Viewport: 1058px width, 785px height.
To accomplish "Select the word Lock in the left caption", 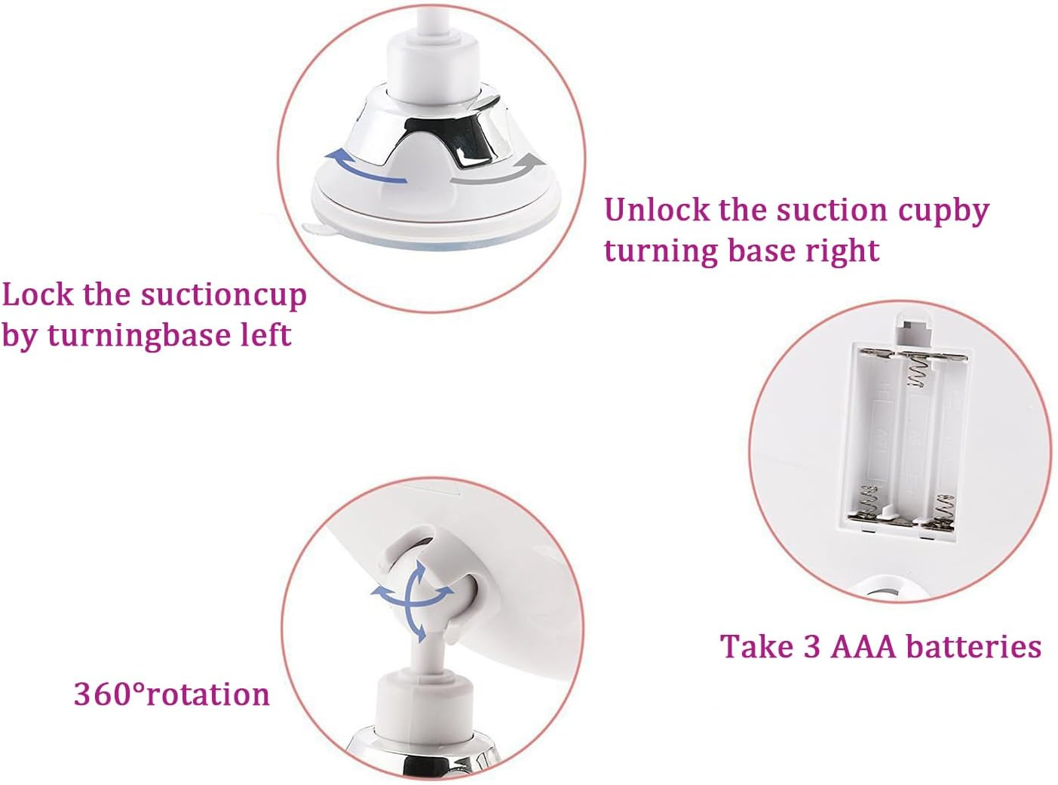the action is [x=38, y=294].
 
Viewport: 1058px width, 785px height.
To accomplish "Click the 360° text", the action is [x=109, y=694].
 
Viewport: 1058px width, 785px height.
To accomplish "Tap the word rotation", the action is [x=208, y=694].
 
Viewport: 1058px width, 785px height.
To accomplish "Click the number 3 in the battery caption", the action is [x=812, y=647].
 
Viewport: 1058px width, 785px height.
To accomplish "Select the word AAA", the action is [x=864, y=647].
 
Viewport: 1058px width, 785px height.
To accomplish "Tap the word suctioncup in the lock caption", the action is [x=223, y=296].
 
